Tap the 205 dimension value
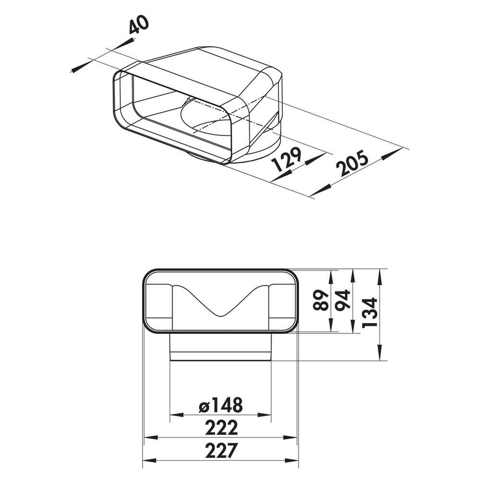pyautogui.click(x=352, y=163)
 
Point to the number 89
pyautogui.click(x=322, y=300)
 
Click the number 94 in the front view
pyautogui.click(x=343, y=300)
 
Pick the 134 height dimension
pyautogui.click(x=370, y=312)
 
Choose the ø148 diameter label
pyautogui.click(x=220, y=405)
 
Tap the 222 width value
pyautogui.click(x=221, y=428)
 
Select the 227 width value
pyautogui.click(x=221, y=450)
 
